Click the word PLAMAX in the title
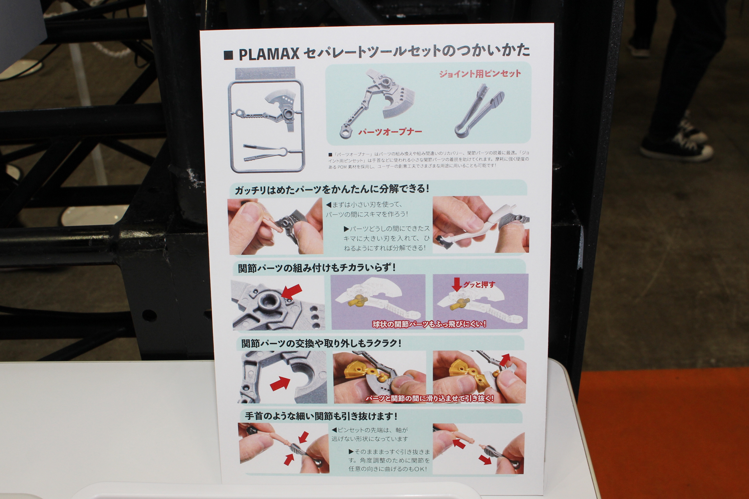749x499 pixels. tap(269, 54)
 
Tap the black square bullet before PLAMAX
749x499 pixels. tap(228, 55)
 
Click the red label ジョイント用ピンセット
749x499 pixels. tap(480, 74)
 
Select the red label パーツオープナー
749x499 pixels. tap(390, 132)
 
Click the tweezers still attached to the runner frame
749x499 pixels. tap(265, 153)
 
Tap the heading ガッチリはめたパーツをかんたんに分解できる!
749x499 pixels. tap(332, 190)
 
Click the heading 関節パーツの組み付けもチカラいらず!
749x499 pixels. tap(317, 268)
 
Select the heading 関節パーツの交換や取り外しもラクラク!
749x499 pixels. tap(321, 344)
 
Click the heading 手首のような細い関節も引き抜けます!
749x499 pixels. tap(321, 416)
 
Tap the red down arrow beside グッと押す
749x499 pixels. tap(457, 285)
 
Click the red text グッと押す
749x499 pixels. tap(479, 285)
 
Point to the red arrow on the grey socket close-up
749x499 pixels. tap(292, 291)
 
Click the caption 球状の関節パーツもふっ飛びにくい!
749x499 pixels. tap(429, 324)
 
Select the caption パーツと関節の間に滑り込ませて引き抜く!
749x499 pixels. tap(429, 398)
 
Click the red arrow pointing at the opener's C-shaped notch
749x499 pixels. tap(280, 383)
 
